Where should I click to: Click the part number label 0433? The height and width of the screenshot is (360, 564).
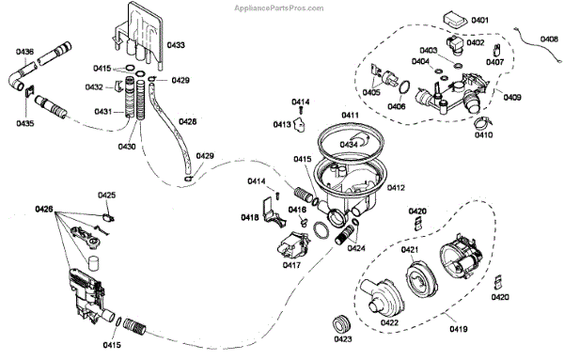pyautogui.click(x=176, y=45)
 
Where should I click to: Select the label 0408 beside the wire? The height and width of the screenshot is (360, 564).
pyautogui.click(x=549, y=39)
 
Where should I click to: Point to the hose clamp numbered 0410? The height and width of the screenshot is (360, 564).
pyautogui.click(x=482, y=123)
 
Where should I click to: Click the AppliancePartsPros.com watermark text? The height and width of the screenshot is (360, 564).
pyautogui.click(x=279, y=8)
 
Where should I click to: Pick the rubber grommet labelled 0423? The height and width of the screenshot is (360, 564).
pyautogui.click(x=340, y=325)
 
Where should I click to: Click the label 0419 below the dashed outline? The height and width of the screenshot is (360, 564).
pyautogui.click(x=459, y=328)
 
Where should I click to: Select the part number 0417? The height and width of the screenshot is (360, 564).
pyautogui.click(x=291, y=265)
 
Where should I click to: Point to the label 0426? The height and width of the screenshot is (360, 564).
pyautogui.click(x=44, y=209)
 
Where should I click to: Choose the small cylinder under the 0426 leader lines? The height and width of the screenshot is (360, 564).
pyautogui.click(x=93, y=263)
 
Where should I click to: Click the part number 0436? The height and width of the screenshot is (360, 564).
pyautogui.click(x=24, y=52)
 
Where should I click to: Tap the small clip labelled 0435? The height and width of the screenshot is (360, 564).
pyautogui.click(x=29, y=92)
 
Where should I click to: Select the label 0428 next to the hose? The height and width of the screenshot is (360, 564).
pyautogui.click(x=188, y=121)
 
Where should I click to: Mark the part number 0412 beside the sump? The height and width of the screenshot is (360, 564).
pyautogui.click(x=396, y=188)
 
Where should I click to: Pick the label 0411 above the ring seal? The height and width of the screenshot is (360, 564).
pyautogui.click(x=351, y=115)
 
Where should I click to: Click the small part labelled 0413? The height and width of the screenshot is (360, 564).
pyautogui.click(x=300, y=124)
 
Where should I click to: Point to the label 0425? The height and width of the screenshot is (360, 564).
pyautogui.click(x=107, y=195)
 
